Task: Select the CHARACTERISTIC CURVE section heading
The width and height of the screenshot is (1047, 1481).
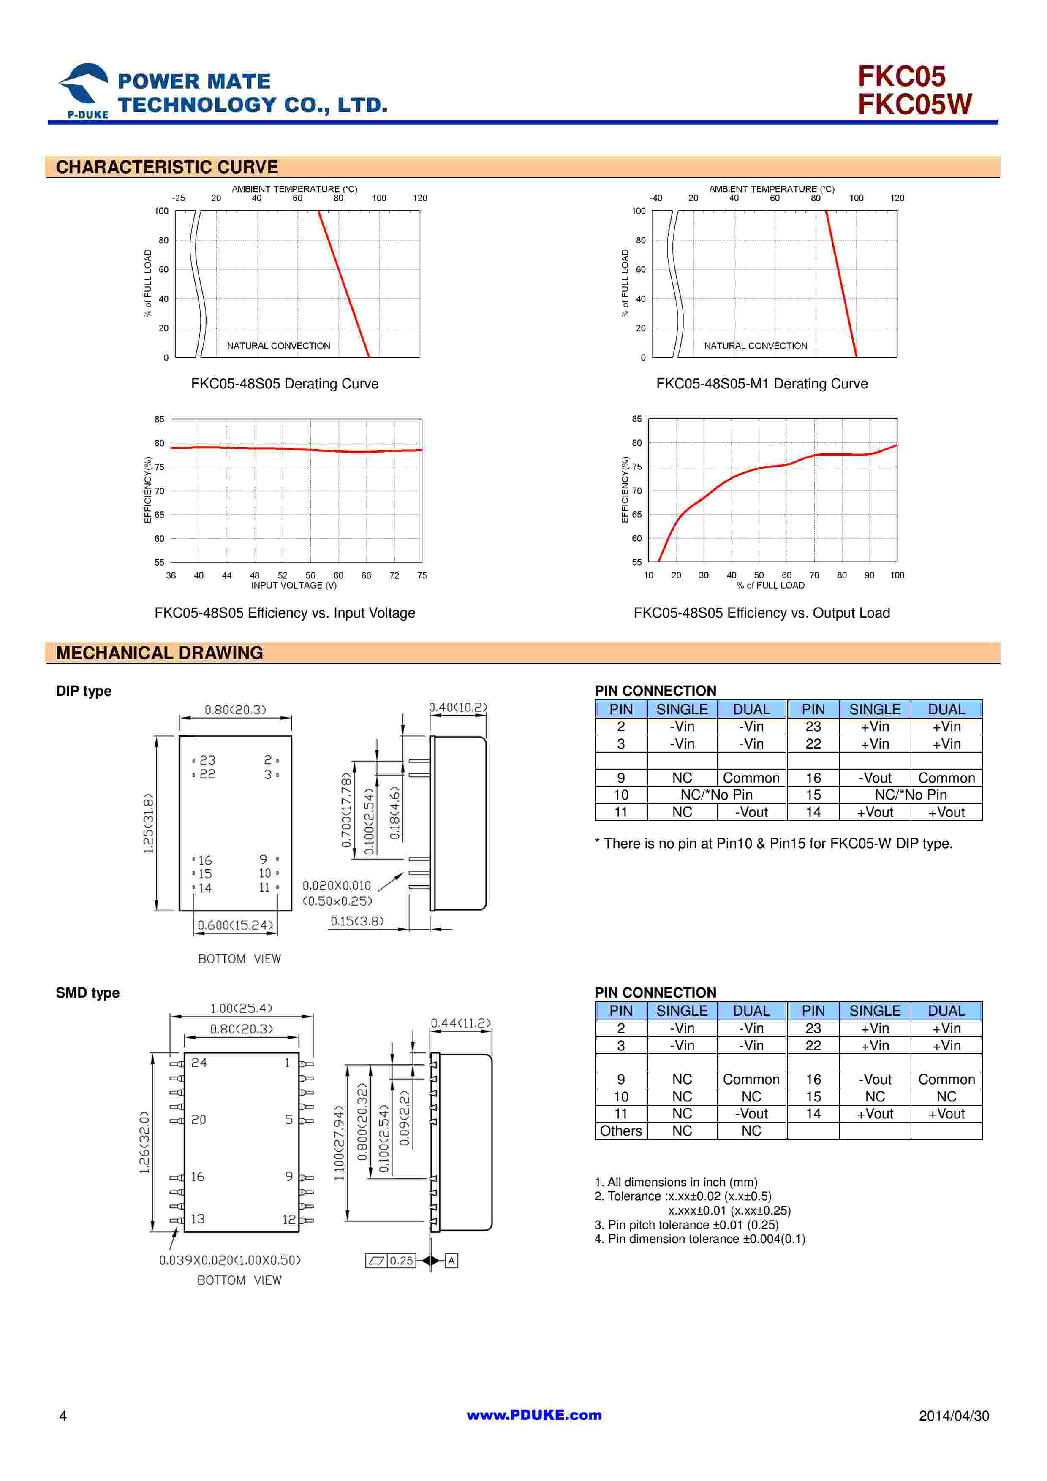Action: pyautogui.click(x=166, y=167)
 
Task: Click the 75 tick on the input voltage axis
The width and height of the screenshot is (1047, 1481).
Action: pyautogui.click(x=422, y=575)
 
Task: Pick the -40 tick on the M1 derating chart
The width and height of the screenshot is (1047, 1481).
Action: pyautogui.click(x=655, y=198)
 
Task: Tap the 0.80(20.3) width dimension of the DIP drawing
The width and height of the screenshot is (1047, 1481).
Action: pyautogui.click(x=235, y=710)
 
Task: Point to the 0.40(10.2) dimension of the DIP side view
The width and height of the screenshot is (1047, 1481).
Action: pyautogui.click(x=458, y=707)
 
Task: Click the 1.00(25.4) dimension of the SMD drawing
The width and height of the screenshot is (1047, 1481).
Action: pyautogui.click(x=241, y=1008)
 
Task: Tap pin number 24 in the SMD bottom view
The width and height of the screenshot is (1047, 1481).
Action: pyautogui.click(x=199, y=1062)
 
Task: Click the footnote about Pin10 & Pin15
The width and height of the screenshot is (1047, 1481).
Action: pyautogui.click(x=773, y=843)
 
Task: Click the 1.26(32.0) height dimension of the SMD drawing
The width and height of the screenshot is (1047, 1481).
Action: pyautogui.click(x=144, y=1142)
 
